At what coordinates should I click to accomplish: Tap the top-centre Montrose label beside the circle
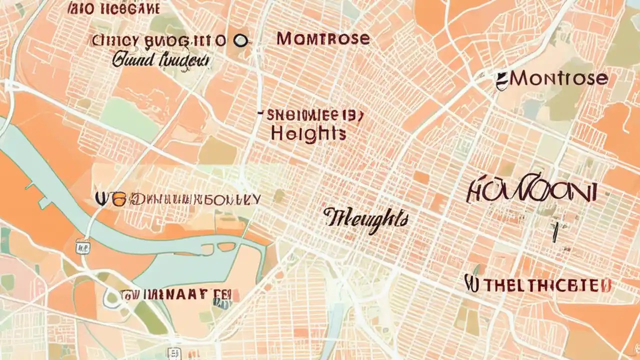(x=323, y=38)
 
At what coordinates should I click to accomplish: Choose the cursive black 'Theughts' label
(x=365, y=219)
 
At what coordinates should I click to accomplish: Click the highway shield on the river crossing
(x=82, y=246)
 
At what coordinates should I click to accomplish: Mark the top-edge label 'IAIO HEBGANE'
(x=113, y=8)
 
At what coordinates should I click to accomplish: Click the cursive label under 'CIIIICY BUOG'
(x=160, y=61)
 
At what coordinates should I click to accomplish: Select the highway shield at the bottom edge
(x=173, y=353)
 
